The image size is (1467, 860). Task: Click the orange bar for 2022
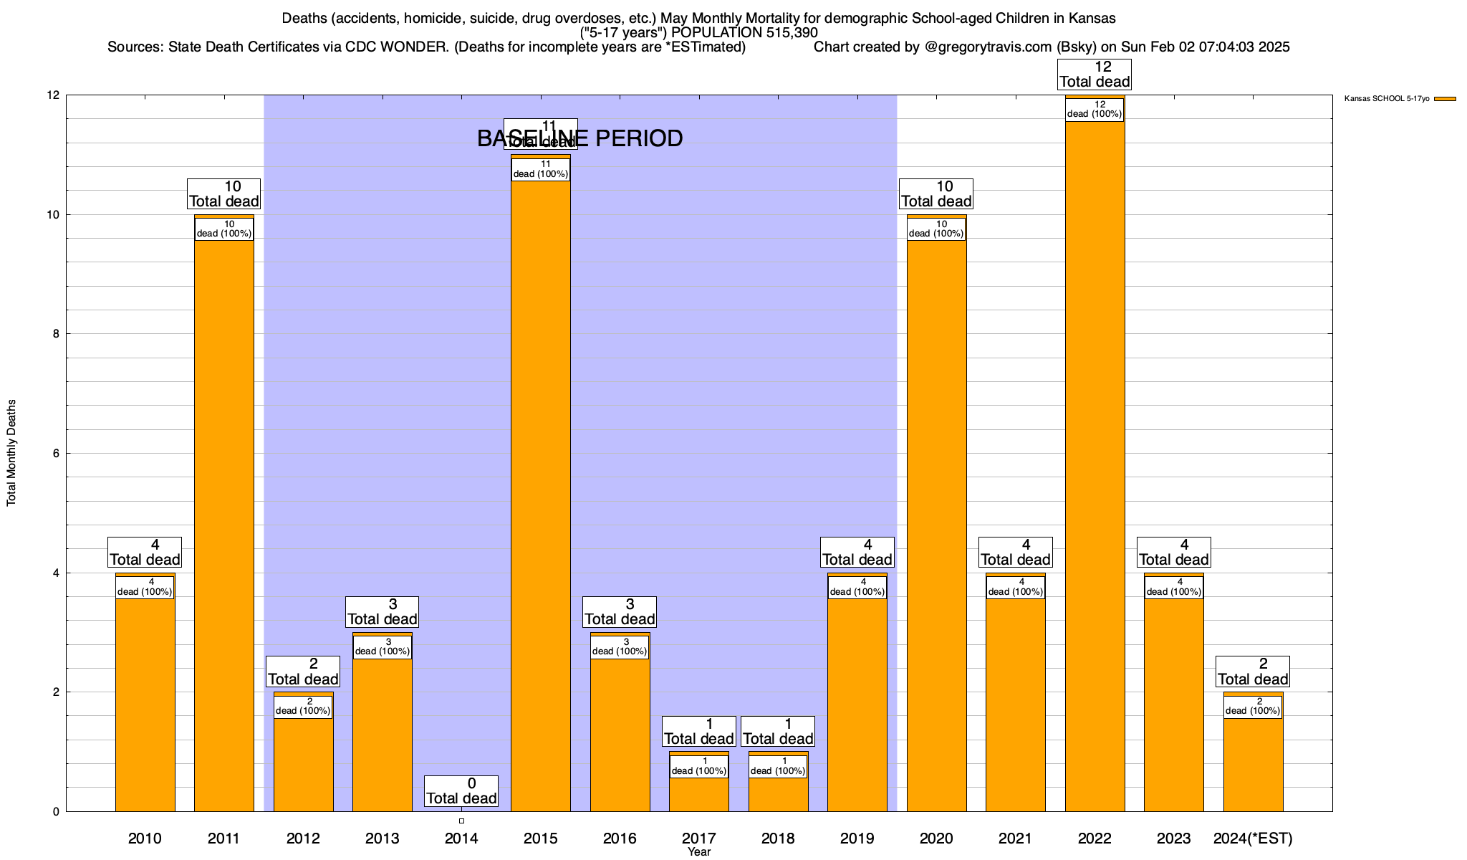(1095, 466)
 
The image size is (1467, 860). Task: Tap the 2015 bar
(541, 494)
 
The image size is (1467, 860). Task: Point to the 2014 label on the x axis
(461, 838)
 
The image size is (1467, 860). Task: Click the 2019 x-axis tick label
(857, 838)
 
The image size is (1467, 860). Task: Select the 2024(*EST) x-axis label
(1253, 838)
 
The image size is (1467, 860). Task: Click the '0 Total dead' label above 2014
(461, 791)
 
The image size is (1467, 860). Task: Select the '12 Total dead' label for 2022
(1095, 75)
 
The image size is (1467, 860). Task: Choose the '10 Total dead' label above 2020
(936, 194)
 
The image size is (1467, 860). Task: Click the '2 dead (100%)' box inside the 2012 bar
(303, 707)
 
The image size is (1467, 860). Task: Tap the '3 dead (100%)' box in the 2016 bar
(620, 647)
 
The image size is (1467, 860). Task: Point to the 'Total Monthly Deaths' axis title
(11, 453)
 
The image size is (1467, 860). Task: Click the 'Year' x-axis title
(698, 852)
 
